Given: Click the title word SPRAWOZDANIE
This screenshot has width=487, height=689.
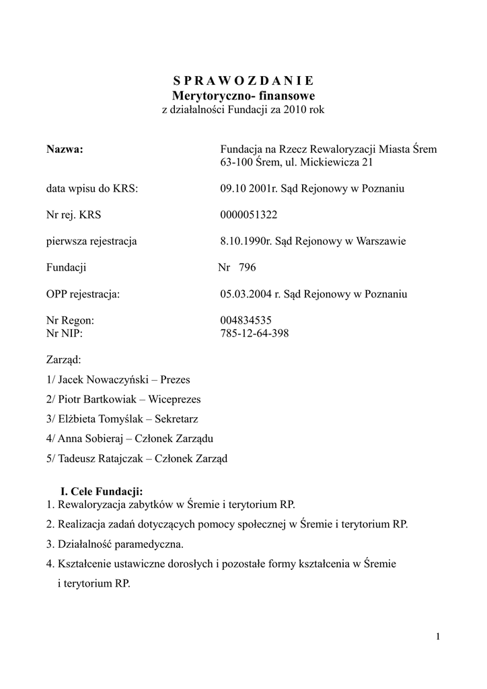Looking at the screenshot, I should (x=243, y=81).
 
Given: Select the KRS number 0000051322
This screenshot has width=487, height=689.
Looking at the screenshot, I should (x=248, y=215).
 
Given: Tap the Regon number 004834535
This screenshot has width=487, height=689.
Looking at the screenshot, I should (x=246, y=321).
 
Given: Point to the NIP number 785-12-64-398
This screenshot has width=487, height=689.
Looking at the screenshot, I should (x=254, y=334).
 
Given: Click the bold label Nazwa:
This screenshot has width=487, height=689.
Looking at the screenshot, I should (x=65, y=149).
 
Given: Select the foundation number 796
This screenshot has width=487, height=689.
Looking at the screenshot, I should (x=247, y=268).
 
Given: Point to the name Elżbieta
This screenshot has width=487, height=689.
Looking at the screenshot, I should (x=79, y=419).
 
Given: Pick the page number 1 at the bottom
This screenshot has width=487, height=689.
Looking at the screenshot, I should (x=438, y=637).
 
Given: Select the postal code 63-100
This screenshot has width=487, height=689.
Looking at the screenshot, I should (x=236, y=162).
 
